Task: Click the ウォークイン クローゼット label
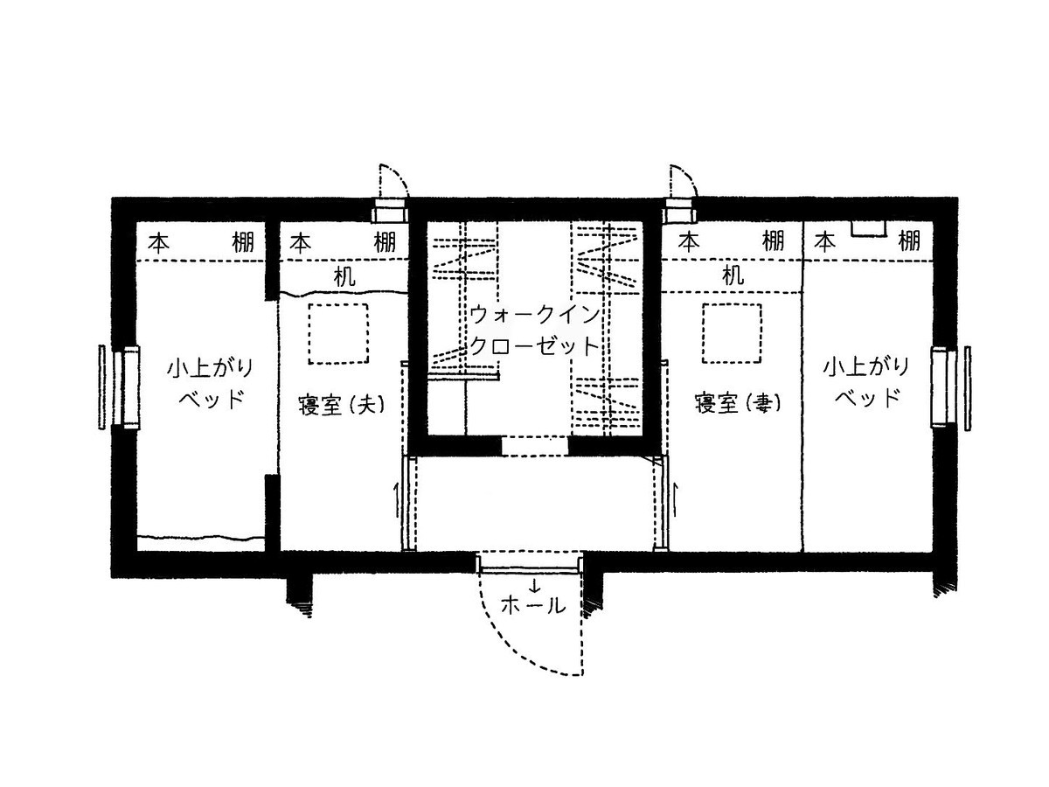tap(534, 331)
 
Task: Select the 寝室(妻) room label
tap(737, 404)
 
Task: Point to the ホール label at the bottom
tap(533, 606)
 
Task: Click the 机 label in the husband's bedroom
tap(344, 276)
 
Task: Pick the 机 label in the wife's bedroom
tap(733, 275)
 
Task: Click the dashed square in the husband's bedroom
tap(338, 333)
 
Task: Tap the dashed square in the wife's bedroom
tap(732, 332)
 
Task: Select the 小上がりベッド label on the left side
tap(209, 384)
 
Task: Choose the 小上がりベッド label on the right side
tap(865, 382)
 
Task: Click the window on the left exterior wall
tap(120, 387)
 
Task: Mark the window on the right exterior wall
tap(950, 387)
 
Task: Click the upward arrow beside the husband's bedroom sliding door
tap(396, 500)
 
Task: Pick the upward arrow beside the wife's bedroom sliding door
tap(675, 500)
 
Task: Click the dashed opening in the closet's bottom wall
tap(534, 446)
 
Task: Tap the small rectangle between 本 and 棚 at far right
tap(868, 229)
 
